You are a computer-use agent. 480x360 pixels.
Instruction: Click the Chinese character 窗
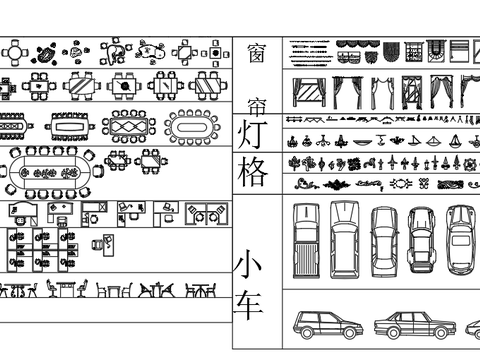(x=257, y=53)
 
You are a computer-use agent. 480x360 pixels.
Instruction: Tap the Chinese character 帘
(x=257, y=106)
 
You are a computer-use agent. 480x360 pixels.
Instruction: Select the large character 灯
(x=252, y=134)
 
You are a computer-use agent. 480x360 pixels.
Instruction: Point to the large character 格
(x=252, y=172)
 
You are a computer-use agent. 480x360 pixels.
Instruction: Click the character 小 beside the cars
(x=247, y=264)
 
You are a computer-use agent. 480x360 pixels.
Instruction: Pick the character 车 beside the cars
(x=248, y=306)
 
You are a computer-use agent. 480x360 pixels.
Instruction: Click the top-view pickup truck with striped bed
(x=306, y=241)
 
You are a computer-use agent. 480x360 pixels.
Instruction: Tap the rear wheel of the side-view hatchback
(x=307, y=332)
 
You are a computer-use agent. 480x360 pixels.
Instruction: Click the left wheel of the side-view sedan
(x=394, y=332)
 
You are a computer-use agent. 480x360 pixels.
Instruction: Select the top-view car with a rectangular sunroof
(x=461, y=240)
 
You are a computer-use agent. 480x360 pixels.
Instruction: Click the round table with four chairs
(x=15, y=53)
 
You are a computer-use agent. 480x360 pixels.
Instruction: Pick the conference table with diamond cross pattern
(x=129, y=127)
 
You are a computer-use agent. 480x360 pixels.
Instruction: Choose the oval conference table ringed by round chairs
(x=192, y=127)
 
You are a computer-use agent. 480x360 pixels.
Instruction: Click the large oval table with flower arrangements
(x=51, y=173)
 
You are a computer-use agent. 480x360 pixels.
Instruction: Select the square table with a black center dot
(x=216, y=53)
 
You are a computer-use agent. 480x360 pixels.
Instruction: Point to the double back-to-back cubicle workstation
(x=207, y=214)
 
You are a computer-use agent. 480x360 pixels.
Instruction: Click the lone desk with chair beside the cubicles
(x=103, y=245)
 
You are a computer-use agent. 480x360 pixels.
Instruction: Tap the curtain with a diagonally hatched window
(x=309, y=93)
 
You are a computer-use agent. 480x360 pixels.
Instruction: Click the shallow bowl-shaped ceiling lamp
(x=363, y=142)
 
